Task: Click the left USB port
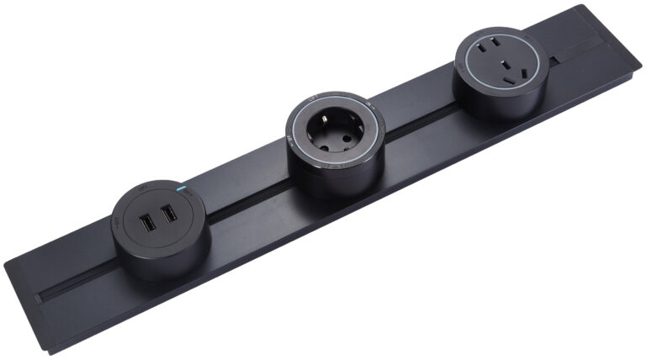pos(147,225)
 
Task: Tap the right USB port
pos(169,214)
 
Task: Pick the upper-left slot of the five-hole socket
pos(484,51)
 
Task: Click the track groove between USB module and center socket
pos(244,203)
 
